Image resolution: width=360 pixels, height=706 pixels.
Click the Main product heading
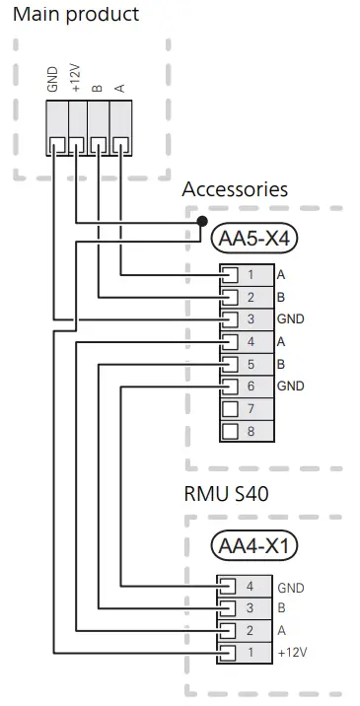75,15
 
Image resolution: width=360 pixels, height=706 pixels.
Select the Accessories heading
235,188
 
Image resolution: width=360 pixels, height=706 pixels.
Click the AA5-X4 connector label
255,237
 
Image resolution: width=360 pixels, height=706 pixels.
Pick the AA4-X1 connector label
255,545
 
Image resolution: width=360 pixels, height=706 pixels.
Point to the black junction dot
202,221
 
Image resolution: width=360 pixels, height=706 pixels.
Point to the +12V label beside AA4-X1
293,653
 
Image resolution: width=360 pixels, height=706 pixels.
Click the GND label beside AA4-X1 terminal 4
291,587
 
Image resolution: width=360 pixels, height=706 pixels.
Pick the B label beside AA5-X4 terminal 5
282,364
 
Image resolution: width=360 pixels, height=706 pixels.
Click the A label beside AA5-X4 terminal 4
282,341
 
